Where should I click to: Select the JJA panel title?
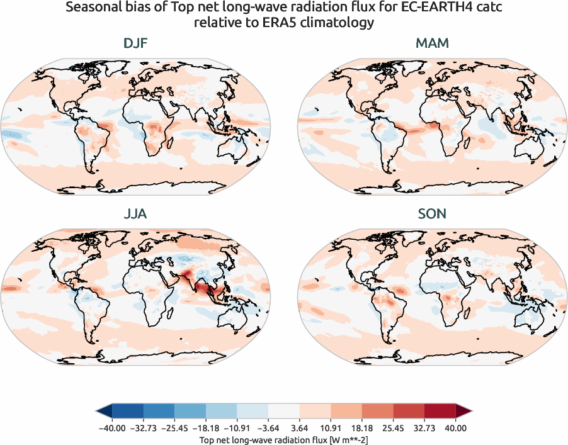point(135,214)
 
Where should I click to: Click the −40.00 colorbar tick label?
point(112,428)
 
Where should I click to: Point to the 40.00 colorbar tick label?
point(456,428)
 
